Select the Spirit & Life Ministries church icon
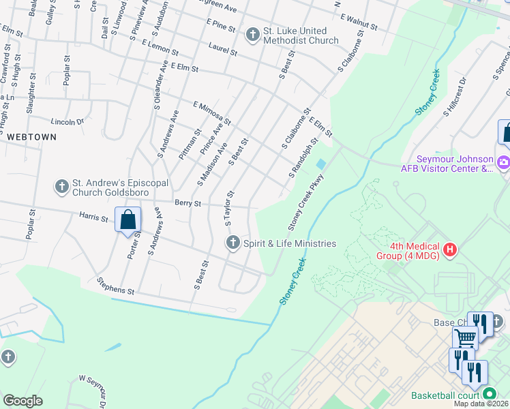pyautogui.click(x=232, y=243)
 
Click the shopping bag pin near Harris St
pyautogui.click(x=127, y=220)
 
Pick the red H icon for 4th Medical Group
pyautogui.click(x=449, y=250)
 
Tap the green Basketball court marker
pyautogui.click(x=489, y=395)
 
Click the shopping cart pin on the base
pyautogui.click(x=465, y=337)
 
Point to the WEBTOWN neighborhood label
pyautogui.click(x=31, y=136)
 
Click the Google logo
pyautogui.click(x=22, y=401)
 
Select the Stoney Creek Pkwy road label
pyautogui.click(x=305, y=202)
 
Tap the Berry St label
pyautogui.click(x=187, y=203)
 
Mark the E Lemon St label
pyautogui.click(x=160, y=47)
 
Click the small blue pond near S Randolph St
pyautogui.click(x=320, y=164)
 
